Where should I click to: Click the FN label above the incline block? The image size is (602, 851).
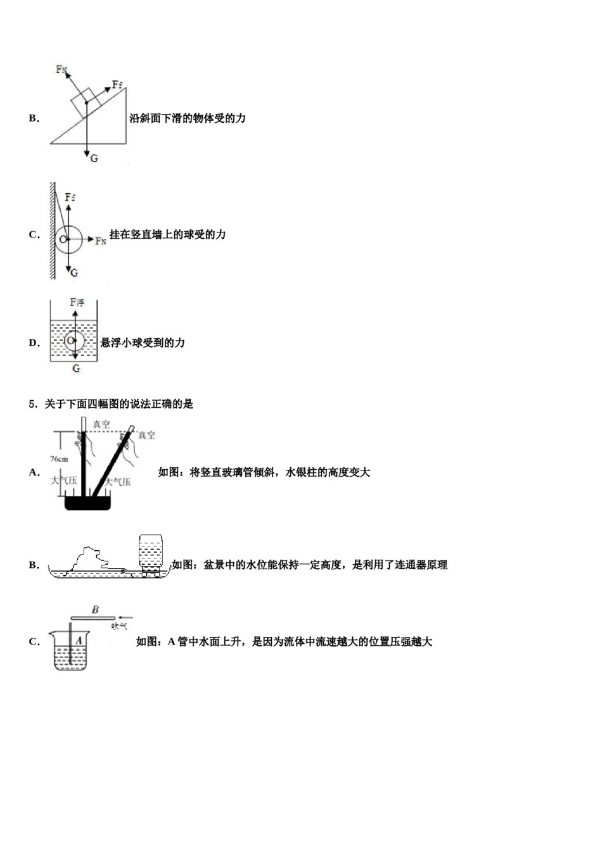tap(61, 69)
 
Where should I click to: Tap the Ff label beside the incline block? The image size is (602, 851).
tap(117, 84)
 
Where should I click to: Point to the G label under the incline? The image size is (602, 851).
tap(94, 158)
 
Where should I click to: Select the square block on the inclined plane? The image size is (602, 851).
tap(86, 101)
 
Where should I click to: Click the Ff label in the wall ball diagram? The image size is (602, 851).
tap(70, 198)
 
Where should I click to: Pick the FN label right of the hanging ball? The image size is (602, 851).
tap(101, 241)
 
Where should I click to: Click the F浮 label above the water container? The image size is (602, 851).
tap(77, 303)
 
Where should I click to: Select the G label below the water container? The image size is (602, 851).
tap(76, 368)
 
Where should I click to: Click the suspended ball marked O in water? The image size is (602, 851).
tap(72, 340)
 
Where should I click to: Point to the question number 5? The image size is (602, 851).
tap(32, 404)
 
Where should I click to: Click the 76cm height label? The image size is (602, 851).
tap(59, 459)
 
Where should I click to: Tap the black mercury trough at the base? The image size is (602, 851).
tap(88, 503)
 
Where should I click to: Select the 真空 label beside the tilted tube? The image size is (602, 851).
tap(146, 435)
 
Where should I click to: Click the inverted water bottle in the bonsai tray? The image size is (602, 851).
tap(150, 553)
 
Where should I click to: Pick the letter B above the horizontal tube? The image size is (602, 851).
tap(95, 610)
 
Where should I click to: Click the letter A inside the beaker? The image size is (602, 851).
tap(79, 641)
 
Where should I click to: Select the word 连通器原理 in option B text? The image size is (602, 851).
tap(421, 565)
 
